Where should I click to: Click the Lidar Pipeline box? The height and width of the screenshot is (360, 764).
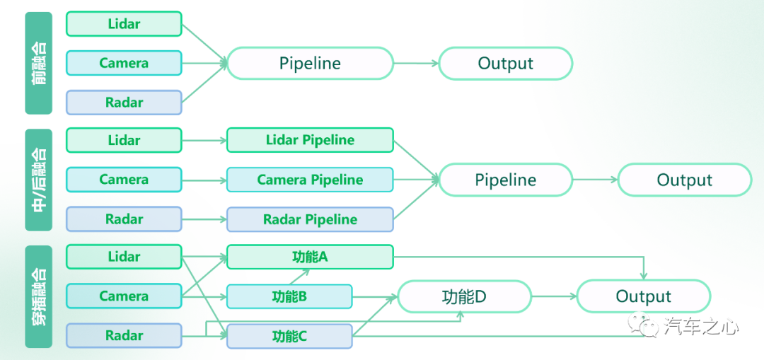(310, 140)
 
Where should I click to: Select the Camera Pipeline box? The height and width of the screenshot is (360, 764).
(310, 180)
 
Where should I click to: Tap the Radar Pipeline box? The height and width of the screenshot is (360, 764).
(310, 219)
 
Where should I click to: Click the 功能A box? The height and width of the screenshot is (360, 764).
(310, 257)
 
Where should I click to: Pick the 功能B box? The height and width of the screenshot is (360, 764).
(289, 296)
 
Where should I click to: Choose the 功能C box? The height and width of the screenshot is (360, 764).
(289, 336)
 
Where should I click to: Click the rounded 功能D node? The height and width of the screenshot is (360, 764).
(464, 296)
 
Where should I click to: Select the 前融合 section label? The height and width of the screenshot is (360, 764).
(38, 64)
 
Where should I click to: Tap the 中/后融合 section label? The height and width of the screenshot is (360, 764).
(38, 180)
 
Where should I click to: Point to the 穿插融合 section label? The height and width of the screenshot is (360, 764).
(38, 296)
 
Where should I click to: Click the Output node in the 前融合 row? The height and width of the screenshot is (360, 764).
(506, 64)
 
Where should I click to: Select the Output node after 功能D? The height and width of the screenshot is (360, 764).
(644, 296)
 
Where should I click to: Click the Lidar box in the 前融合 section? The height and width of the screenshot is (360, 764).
(124, 24)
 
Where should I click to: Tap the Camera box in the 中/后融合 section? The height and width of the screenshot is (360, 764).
(124, 180)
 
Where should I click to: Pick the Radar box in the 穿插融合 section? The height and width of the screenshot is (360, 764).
(124, 336)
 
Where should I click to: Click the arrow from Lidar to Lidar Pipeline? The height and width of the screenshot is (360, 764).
(204, 140)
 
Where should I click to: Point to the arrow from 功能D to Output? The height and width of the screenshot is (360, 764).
(554, 296)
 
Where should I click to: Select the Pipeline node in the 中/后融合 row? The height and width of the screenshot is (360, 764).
(506, 180)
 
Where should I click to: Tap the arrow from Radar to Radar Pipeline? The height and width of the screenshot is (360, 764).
(204, 219)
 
